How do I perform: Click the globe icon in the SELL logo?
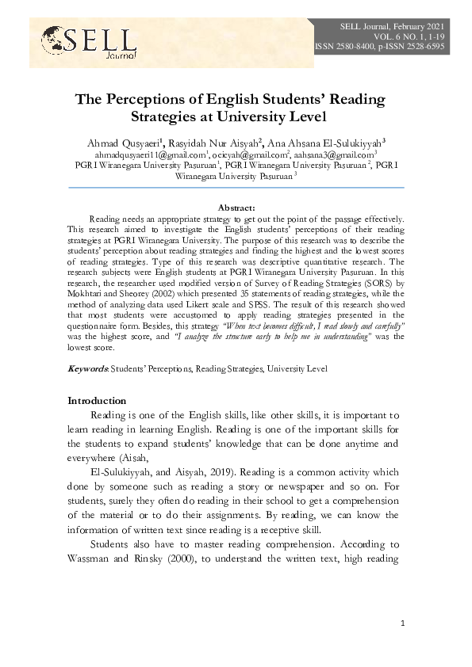pyautogui.click(x=52, y=37)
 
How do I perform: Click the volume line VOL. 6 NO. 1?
pyautogui.click(x=406, y=37)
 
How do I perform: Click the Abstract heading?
pyautogui.click(x=236, y=207)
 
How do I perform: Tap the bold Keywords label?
pyautogui.click(x=87, y=368)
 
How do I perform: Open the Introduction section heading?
pyautogui.click(x=97, y=401)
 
